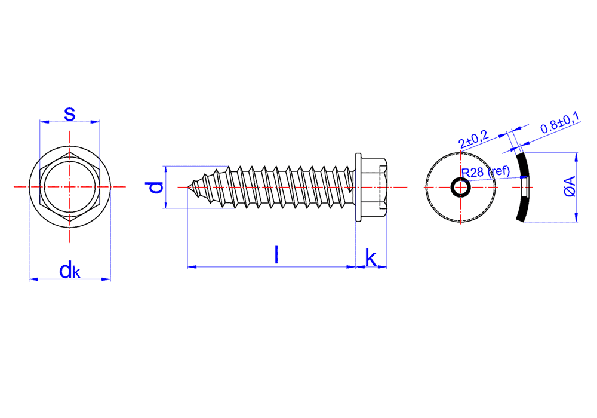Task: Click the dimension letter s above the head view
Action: coord(70,114)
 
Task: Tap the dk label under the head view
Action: coord(70,271)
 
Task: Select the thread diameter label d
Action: coord(155,188)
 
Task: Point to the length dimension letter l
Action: coord(276,255)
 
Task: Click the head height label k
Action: coord(371,258)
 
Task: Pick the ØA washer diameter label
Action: coord(570,186)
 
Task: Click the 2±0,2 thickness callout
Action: coord(474,139)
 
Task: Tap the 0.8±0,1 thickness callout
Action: coord(560,122)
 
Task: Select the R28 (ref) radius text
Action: coord(485,172)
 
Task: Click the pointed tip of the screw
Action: coord(188,187)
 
